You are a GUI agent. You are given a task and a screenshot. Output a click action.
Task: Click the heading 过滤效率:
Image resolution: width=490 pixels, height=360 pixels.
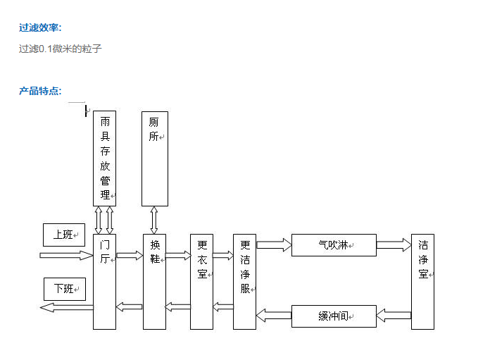[x=40, y=27]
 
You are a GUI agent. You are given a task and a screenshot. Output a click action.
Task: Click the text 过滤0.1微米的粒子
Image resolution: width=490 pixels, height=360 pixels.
[x=61, y=49]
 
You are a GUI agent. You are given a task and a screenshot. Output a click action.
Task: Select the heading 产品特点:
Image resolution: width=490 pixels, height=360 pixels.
[x=40, y=91]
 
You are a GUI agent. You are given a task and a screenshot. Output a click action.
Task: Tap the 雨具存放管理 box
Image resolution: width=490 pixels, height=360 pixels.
[x=105, y=158]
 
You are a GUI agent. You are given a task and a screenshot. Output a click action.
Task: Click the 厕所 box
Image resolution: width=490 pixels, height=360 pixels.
[x=154, y=158]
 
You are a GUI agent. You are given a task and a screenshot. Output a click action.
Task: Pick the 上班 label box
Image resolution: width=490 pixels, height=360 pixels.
[x=64, y=235]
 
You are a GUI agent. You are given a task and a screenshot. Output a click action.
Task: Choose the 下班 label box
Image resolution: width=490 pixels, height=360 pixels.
[x=64, y=288]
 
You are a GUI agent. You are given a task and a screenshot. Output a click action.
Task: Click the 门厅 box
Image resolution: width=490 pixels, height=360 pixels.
[x=104, y=281]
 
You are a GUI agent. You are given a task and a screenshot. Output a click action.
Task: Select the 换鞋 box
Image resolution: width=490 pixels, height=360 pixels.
[x=154, y=281]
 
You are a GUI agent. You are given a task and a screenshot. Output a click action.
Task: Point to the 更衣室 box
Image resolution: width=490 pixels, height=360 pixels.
[x=201, y=281]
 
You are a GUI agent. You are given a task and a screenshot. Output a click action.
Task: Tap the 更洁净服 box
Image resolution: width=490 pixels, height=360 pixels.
[x=244, y=281]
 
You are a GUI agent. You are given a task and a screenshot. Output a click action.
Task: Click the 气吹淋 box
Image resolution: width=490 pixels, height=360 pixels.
[x=333, y=245]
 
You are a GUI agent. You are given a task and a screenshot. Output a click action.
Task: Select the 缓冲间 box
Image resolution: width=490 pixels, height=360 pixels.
[x=333, y=316]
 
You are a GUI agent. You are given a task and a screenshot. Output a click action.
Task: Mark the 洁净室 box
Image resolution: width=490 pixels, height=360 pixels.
[x=422, y=281]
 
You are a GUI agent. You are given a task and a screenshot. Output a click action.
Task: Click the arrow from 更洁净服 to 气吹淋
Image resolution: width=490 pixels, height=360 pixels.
[x=274, y=245]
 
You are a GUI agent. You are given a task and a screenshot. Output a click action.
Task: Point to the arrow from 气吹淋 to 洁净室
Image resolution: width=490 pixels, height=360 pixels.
[x=394, y=245]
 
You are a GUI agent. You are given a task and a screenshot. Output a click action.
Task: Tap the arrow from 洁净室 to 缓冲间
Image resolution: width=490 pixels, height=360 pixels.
[x=394, y=316]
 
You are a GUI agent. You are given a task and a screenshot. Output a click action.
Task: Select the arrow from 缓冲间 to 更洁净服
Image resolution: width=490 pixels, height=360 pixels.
[x=274, y=315]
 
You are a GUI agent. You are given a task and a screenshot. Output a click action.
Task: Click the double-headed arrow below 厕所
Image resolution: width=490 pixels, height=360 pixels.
[x=154, y=220]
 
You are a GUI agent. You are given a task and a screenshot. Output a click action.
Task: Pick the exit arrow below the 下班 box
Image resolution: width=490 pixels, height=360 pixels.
[x=66, y=307]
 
